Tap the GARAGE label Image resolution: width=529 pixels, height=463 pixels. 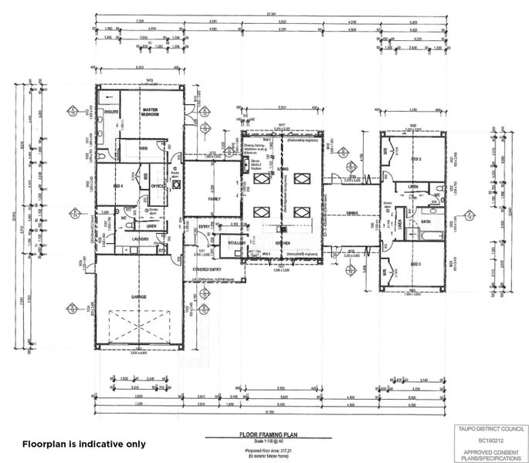coord(139,296)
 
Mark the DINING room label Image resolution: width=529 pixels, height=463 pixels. coord(351,211)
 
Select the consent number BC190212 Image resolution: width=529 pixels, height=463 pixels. coord(489,438)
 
